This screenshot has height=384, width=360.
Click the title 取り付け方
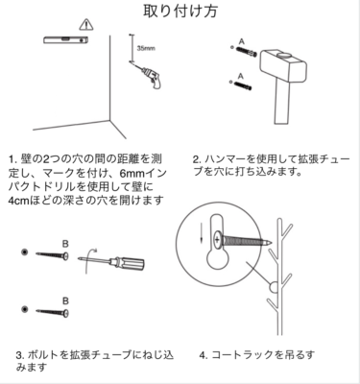coord(180,11)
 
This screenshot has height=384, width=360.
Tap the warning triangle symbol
coord(86,25)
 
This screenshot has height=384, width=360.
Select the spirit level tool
coord(66,39)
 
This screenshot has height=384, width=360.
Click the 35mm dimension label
coord(146,49)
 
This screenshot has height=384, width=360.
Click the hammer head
coord(282,64)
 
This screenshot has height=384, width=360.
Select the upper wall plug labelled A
coord(246,51)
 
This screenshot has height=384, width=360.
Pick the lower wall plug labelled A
coord(243,85)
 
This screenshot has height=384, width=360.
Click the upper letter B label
coord(65,245)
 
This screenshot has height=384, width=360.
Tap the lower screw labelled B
coord(53,312)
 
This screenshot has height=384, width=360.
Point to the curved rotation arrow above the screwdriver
coord(89,260)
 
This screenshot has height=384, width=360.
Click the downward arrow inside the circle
coord(202,232)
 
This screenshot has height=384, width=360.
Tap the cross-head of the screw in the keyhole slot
coord(217,239)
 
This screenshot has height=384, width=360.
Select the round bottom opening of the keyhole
coord(218,259)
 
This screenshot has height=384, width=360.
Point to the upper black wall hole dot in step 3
coord(24,252)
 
